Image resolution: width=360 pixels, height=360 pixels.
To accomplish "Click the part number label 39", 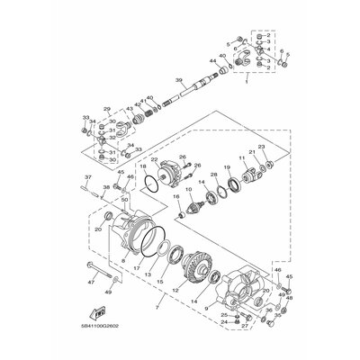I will (x=179, y=80).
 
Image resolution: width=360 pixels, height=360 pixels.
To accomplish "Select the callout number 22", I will (x=156, y=159).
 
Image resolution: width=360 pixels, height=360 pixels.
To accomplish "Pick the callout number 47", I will (x=90, y=282).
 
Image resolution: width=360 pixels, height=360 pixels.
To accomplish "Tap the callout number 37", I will (x=88, y=177).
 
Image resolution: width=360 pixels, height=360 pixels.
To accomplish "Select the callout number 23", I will (x=262, y=146).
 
